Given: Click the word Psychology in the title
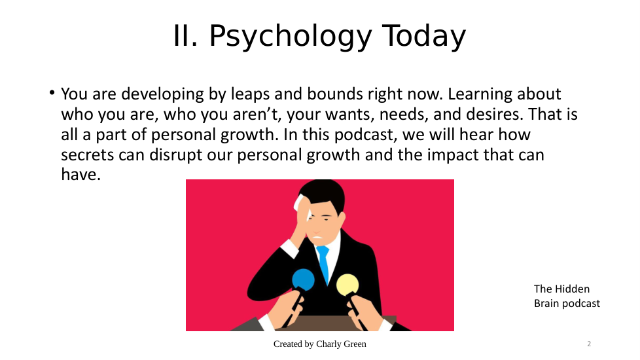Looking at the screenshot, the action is tap(291, 37).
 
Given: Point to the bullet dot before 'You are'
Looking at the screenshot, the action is tap(52, 93).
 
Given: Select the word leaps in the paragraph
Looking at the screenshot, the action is tap(250, 94).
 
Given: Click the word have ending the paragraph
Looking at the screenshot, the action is tap(80, 174).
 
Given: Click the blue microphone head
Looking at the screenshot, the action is tap(303, 279).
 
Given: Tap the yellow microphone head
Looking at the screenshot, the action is tap(347, 285).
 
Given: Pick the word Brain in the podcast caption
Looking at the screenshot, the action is tap(544, 303).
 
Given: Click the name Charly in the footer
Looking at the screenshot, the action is tap(329, 344).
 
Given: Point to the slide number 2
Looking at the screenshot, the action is tap(589, 344).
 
